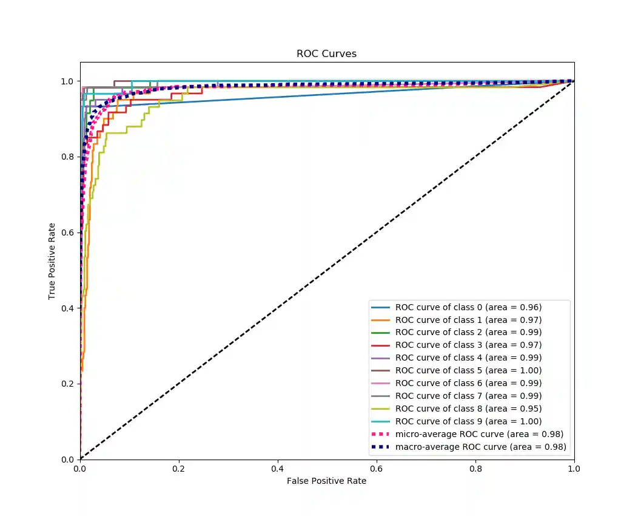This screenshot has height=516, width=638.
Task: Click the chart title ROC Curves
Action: [326, 53]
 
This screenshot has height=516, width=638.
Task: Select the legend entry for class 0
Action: [468, 307]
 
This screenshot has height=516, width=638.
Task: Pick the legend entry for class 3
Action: [468, 345]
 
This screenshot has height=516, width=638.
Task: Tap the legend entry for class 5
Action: [468, 370]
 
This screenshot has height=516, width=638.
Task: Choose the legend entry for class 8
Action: [468, 409]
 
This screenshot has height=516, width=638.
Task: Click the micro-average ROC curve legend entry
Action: [479, 434]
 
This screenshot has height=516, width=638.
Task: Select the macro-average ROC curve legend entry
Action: [480, 447]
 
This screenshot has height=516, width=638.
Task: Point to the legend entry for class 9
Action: [468, 421]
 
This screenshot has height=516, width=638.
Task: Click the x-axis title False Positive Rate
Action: [326, 481]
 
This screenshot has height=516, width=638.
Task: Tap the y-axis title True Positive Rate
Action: [53, 261]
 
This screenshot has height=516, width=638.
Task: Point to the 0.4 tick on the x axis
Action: [278, 469]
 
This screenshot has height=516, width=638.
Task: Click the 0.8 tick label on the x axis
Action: [475, 469]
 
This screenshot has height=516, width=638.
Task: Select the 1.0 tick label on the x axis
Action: [574, 469]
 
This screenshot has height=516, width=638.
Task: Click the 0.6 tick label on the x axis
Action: [377, 469]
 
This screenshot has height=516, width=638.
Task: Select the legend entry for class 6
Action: [468, 383]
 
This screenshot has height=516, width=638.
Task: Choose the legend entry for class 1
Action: [468, 320]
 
